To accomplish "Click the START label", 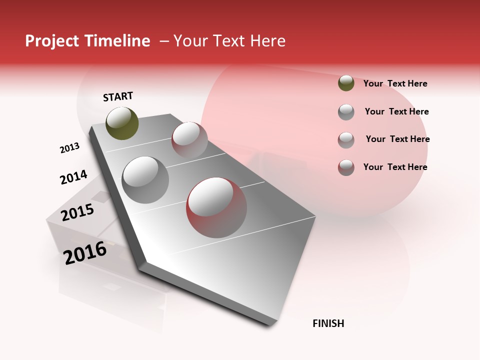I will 118,96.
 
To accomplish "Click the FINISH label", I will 328,323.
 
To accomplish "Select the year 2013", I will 69,148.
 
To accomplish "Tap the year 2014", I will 73,177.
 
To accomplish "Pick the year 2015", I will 77,212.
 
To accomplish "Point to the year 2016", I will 85,252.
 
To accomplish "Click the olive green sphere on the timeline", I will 122,123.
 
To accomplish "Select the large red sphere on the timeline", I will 216,207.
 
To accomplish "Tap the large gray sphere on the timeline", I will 145,180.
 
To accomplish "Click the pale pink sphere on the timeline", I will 189,139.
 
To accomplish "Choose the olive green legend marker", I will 346,83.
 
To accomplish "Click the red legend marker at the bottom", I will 346,167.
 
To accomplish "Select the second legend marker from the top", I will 346,112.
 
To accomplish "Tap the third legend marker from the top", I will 346,140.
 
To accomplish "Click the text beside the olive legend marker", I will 395,83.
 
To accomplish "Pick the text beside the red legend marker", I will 395,167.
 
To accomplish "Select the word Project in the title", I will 52,41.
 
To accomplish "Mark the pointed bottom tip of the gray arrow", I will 272,325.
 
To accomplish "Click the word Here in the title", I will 267,41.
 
